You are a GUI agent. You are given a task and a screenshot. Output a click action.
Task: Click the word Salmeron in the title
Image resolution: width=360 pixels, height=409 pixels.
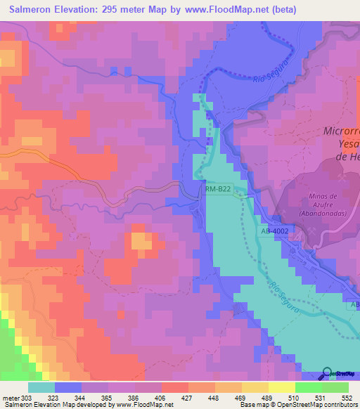tap(36, 10)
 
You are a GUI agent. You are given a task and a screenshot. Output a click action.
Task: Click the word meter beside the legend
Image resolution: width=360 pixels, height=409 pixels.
tap(10, 398)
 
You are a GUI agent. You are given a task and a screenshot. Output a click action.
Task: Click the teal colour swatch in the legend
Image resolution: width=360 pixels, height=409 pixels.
tap(41, 387)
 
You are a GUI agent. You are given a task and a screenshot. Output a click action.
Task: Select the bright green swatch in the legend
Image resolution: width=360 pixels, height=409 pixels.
tap(309, 387)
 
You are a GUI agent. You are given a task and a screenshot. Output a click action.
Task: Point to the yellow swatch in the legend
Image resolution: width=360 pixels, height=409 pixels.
tap(282, 387)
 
